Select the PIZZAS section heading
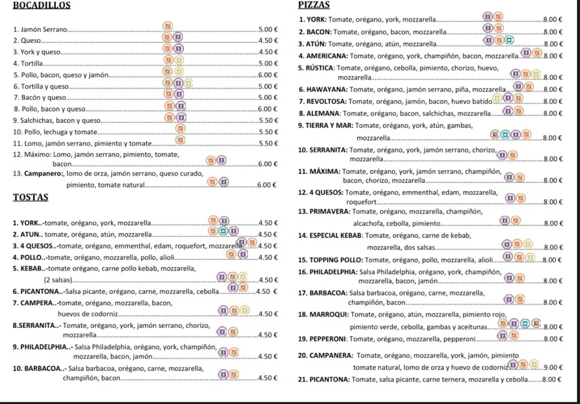click(314, 5)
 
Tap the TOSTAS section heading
click(30, 198)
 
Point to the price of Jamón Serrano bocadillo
click(267, 29)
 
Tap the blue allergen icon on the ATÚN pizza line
click(509, 40)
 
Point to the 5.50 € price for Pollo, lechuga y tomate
click(267, 132)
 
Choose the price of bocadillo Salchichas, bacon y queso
click(267, 121)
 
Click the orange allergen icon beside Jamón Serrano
click(167, 25)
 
